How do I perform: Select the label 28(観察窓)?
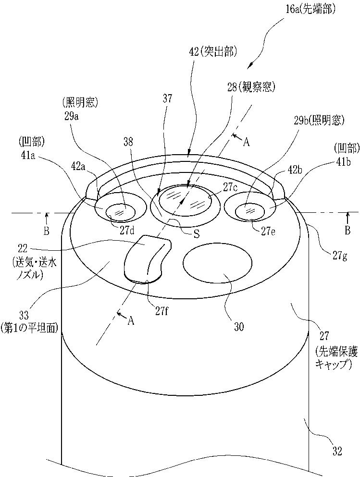[251, 87]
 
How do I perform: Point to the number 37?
[167, 98]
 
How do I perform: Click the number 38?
[129, 142]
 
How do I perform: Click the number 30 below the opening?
[239, 327]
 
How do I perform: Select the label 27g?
[339, 257]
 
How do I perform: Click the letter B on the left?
[46, 231]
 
